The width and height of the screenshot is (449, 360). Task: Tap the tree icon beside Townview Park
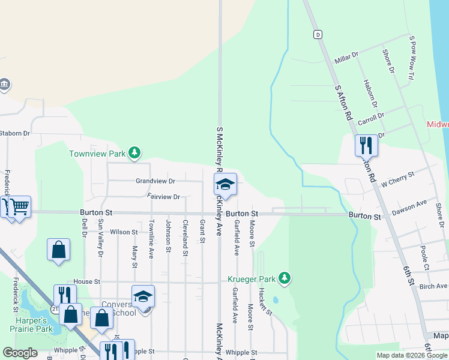tap(135, 154)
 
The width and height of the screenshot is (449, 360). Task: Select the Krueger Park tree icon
tap(285, 278)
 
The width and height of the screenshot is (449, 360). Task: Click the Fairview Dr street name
tap(163, 197)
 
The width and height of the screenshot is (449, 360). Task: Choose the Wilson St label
tap(124, 232)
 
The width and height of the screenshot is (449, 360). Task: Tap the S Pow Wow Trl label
tap(412, 58)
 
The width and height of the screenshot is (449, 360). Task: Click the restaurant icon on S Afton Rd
tap(366, 145)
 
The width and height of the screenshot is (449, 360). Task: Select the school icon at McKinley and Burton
tap(225, 184)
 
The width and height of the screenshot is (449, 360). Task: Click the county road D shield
tap(318, 34)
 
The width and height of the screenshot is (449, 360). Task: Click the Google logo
tap(20, 353)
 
